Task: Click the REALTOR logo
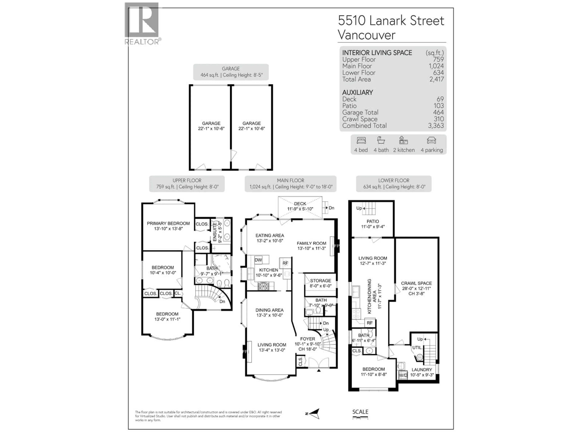point(142,23)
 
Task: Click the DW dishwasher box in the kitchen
point(258,260)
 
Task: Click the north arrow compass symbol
point(315,413)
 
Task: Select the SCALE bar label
point(360,412)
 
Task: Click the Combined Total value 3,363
point(436,126)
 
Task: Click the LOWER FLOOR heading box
point(394,184)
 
